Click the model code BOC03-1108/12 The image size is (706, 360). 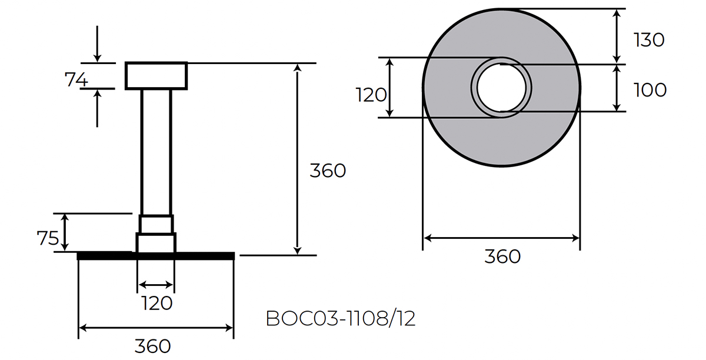341,318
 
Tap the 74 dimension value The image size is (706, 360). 76,79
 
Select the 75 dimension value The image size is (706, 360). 48,238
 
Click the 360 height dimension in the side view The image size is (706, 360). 328,171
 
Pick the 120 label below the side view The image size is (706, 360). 157,304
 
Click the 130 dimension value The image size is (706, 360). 649,39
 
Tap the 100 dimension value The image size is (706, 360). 650,90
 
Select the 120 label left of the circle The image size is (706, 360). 371,94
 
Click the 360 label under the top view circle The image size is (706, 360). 502,256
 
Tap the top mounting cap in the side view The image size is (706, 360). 156,75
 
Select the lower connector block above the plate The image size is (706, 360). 156,242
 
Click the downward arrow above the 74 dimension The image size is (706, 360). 98,44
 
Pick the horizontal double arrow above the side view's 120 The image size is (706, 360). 156,285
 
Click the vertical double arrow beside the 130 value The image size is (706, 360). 617,35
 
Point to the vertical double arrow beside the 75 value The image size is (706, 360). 65,232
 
